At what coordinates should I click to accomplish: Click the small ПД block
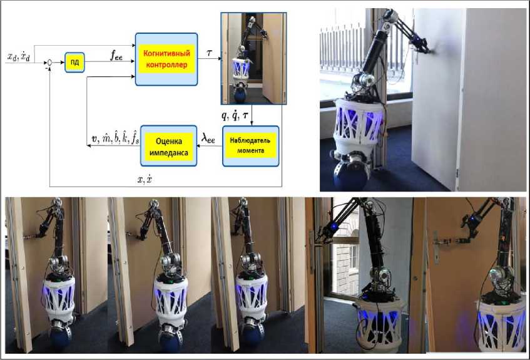click(74, 63)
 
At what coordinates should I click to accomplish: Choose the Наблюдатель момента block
click(248, 145)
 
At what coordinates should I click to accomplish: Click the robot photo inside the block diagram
click(253, 58)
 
